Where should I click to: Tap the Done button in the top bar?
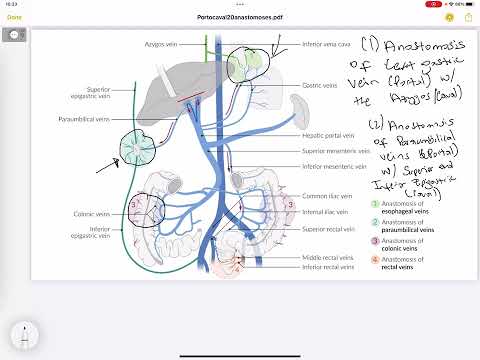click(14, 17)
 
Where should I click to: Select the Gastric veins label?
click(318, 86)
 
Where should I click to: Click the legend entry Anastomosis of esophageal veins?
click(395, 207)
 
